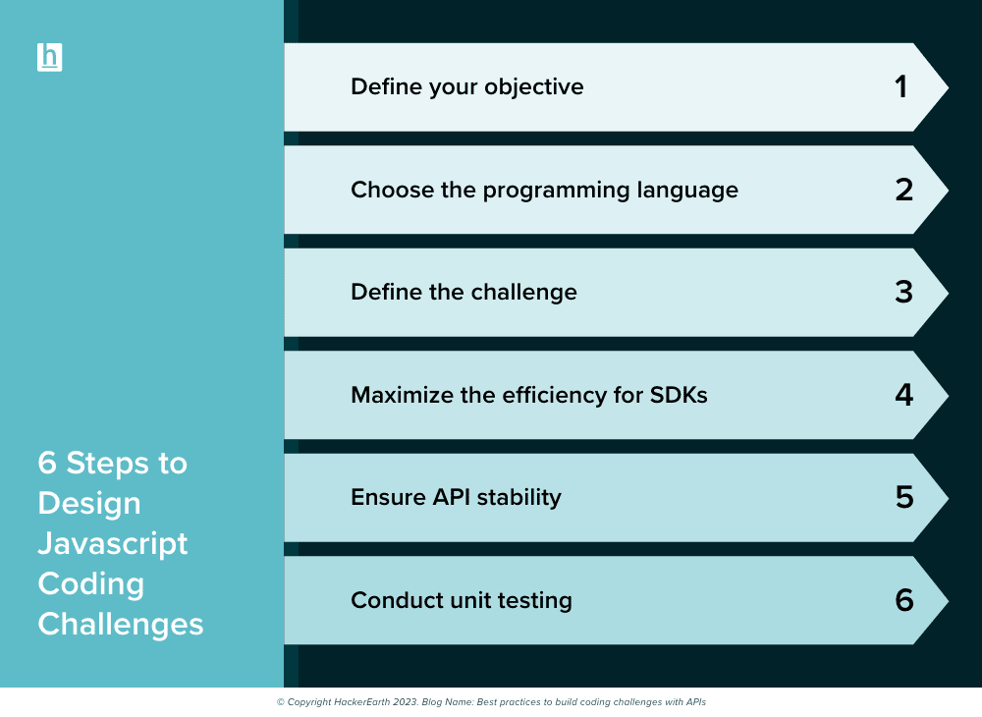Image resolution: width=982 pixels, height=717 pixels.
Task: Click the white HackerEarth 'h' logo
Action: coord(49,58)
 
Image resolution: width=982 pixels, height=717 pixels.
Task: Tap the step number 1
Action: coord(901,87)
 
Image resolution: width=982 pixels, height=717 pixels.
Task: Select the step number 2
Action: coord(903,190)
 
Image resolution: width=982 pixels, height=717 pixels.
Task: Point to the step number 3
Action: coord(903,293)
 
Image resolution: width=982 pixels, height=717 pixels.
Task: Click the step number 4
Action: coord(903,395)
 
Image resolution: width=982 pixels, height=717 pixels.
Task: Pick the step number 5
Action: coord(904,498)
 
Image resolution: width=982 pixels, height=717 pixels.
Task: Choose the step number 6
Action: coord(904,600)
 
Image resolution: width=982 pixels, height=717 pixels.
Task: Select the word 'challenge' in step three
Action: coord(523,293)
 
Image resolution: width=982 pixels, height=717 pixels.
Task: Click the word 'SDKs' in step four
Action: coord(679,395)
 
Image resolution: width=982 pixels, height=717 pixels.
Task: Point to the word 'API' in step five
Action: coord(451,497)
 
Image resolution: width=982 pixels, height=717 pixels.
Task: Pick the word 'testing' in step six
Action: coord(534,601)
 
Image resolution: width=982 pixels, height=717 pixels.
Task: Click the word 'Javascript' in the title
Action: coord(113,543)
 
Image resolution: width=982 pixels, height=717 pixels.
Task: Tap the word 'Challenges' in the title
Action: coord(120,625)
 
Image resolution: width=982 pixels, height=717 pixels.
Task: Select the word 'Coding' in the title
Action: coord(90,584)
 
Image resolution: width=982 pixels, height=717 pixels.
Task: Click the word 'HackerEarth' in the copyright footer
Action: coord(361,702)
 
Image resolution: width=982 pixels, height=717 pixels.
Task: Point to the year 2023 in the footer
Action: coord(406,702)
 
